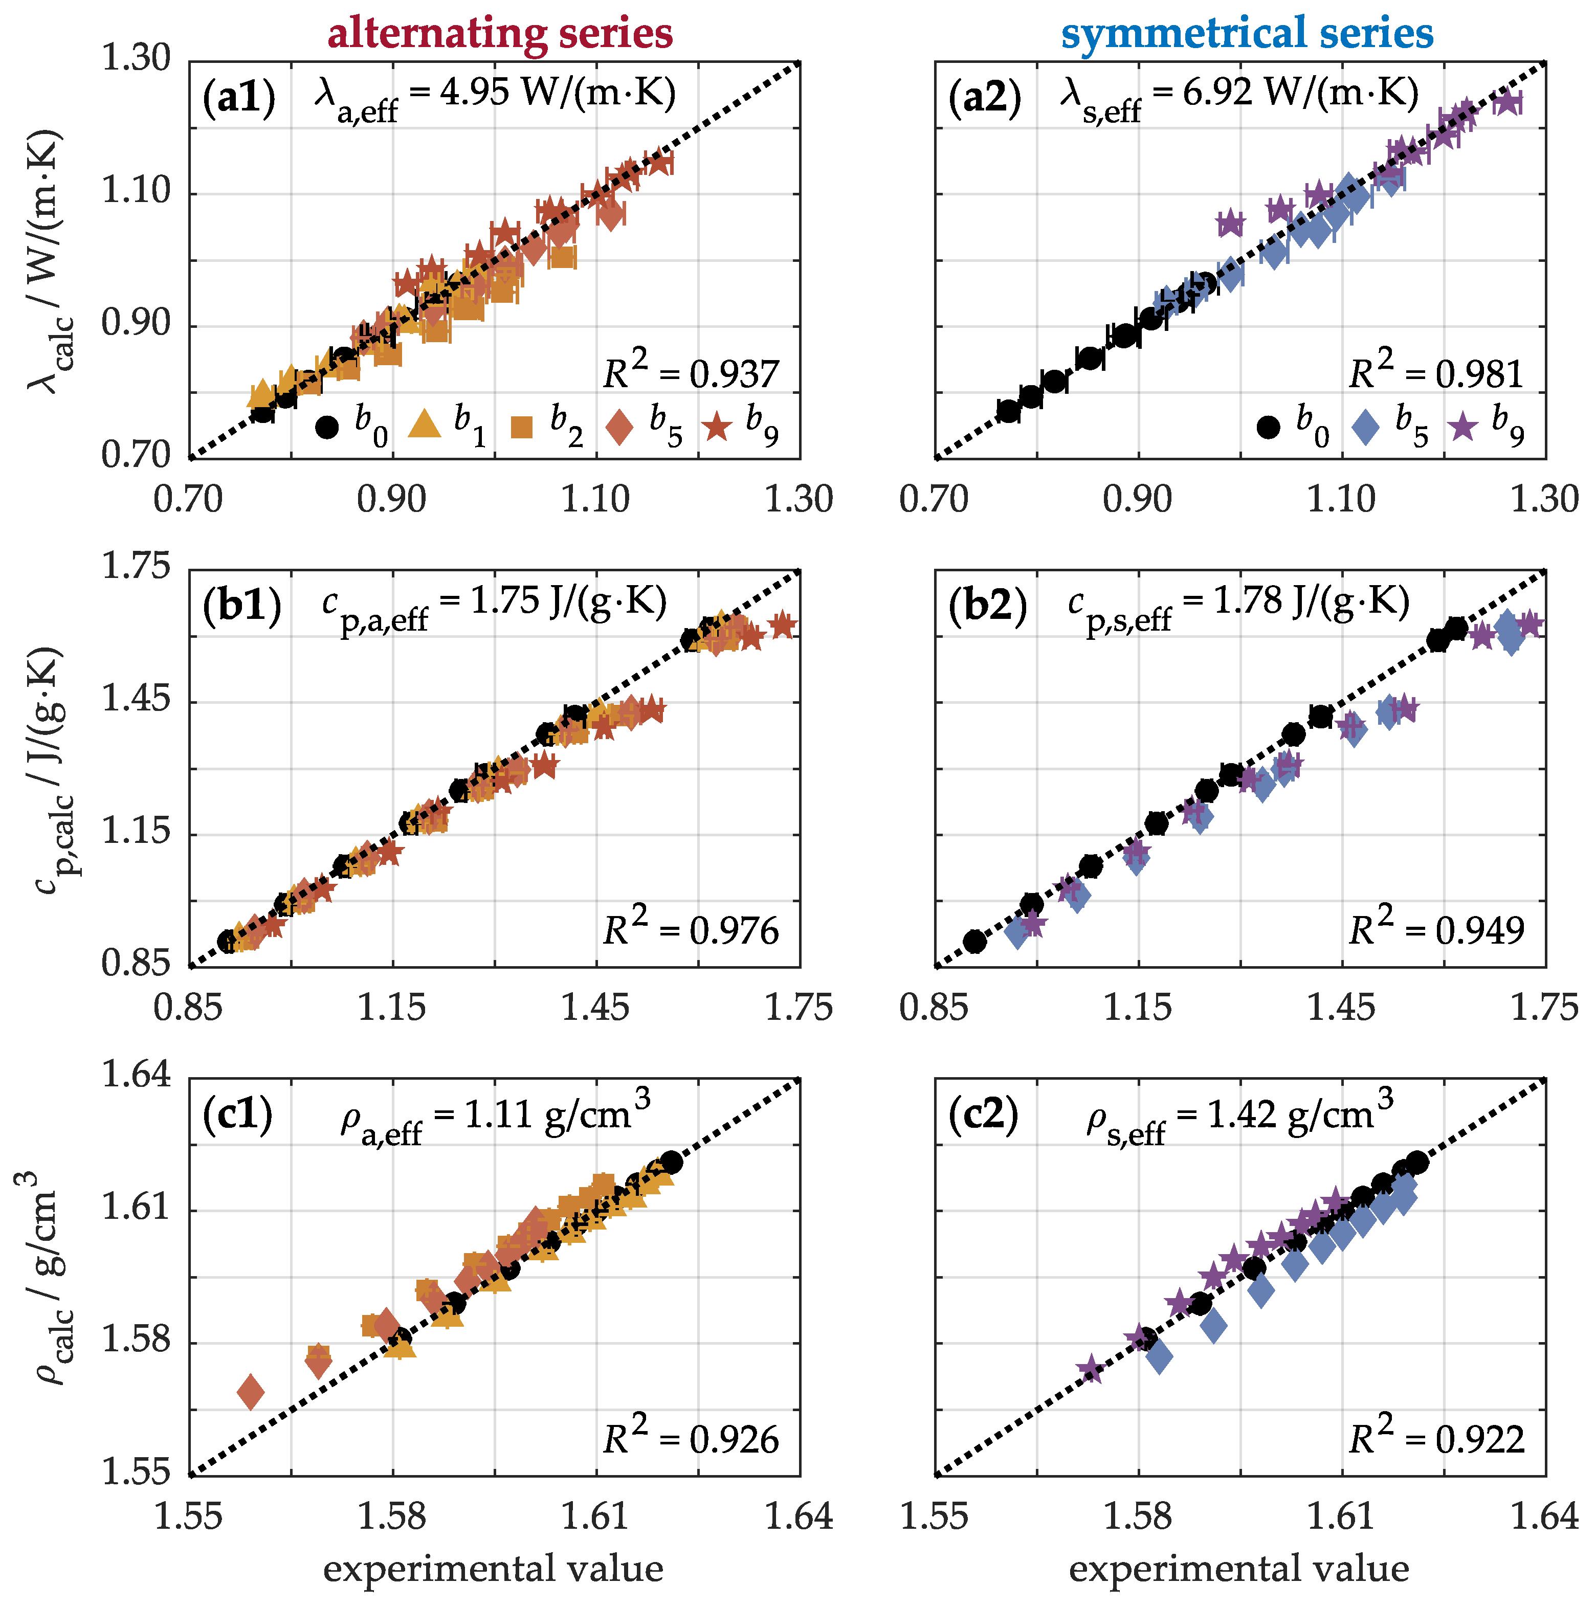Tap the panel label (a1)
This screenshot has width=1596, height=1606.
(x=238, y=98)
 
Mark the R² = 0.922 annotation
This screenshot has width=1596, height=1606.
(x=1435, y=1439)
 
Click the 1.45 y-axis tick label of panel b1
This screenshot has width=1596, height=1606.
(x=136, y=701)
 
